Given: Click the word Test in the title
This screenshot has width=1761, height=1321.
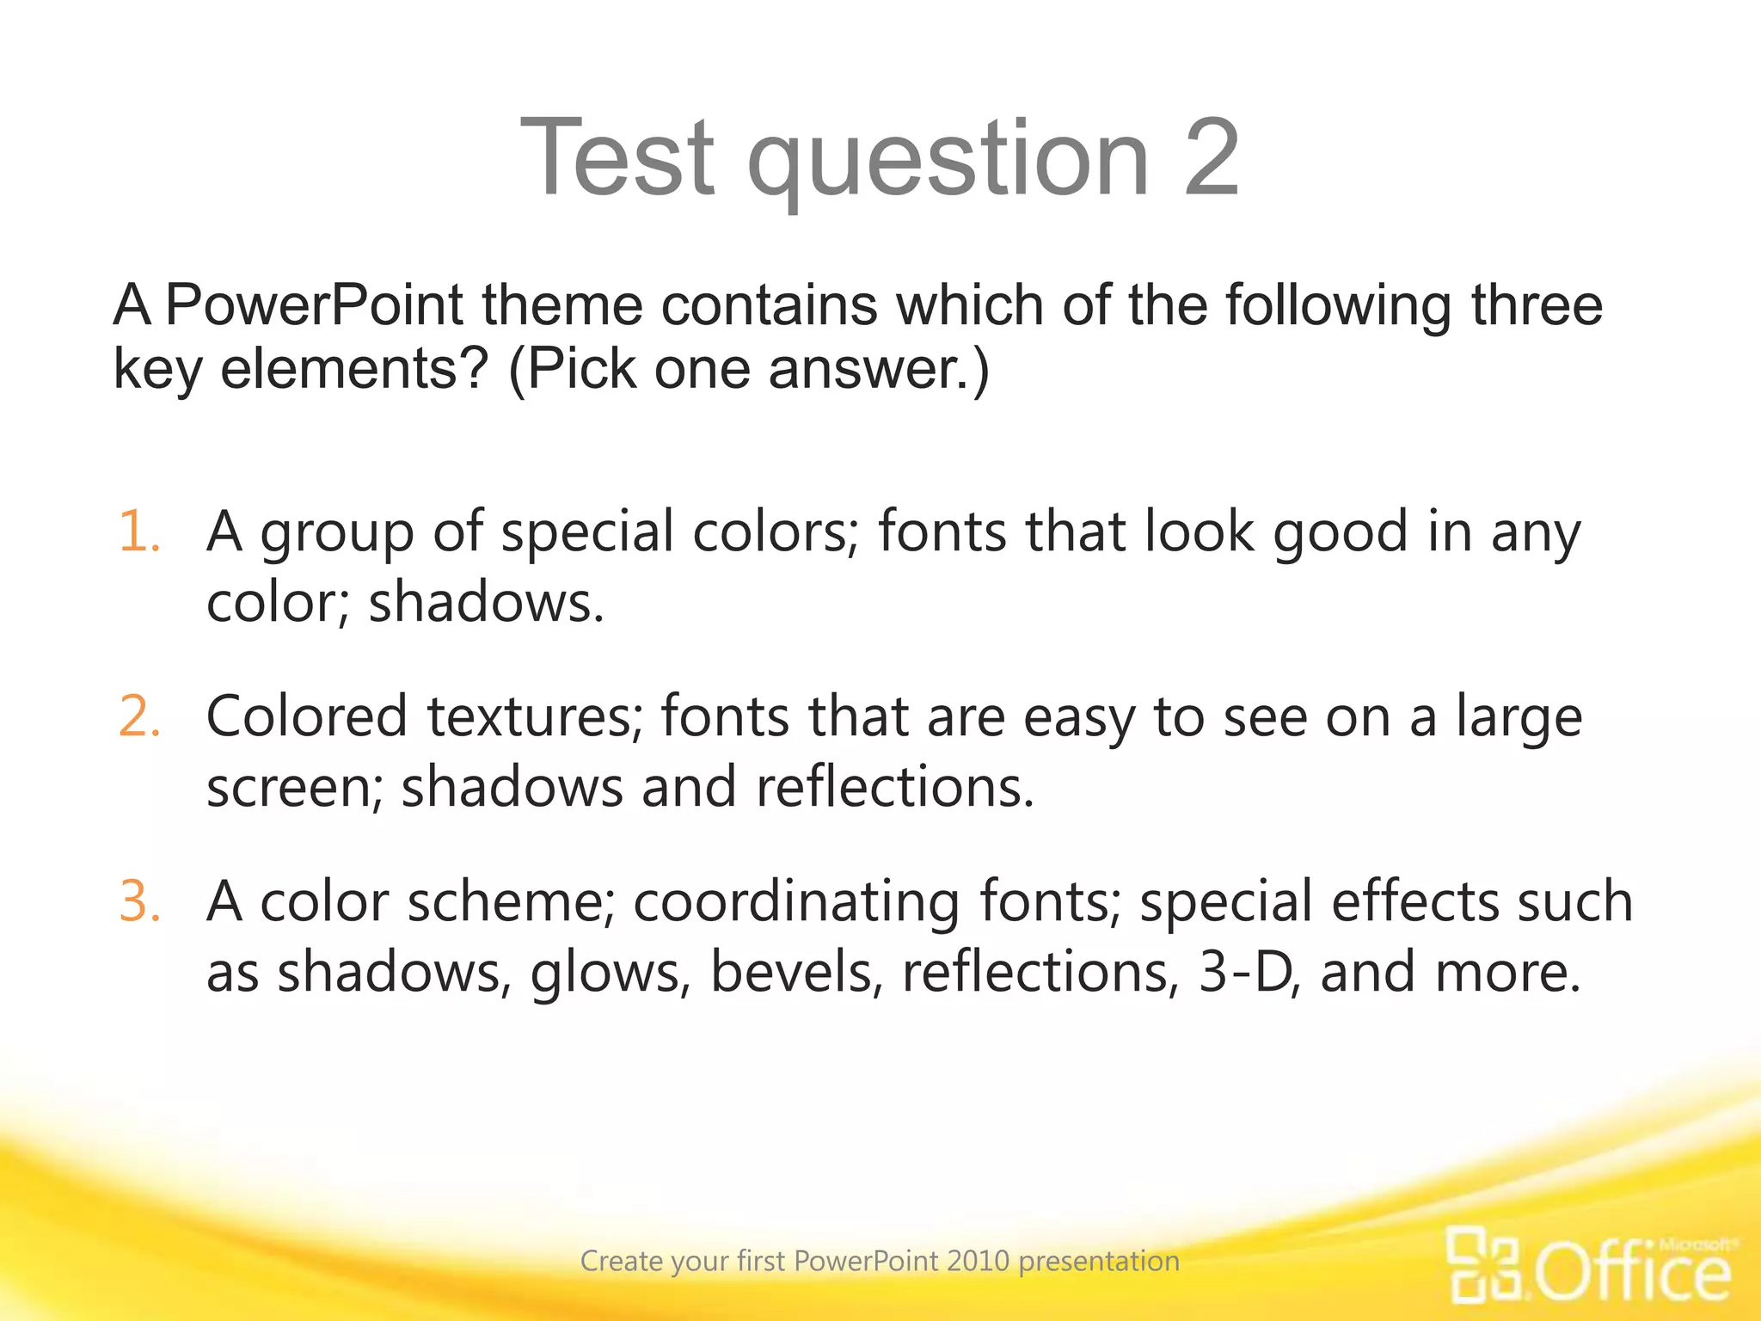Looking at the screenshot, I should [617, 158].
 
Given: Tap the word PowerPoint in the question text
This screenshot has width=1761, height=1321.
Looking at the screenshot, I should [314, 305].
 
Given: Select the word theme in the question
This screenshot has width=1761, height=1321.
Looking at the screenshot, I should [561, 305].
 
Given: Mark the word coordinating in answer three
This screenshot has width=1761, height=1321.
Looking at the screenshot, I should [796, 902].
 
